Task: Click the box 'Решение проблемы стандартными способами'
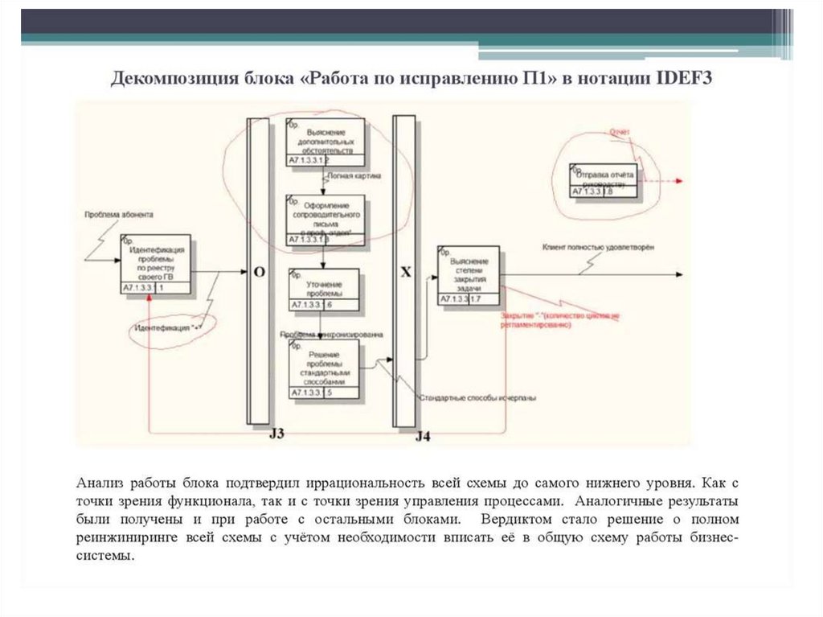(325, 369)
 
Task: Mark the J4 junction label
(423, 437)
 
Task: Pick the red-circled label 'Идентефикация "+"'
(167, 328)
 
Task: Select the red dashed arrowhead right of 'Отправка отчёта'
(680, 180)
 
